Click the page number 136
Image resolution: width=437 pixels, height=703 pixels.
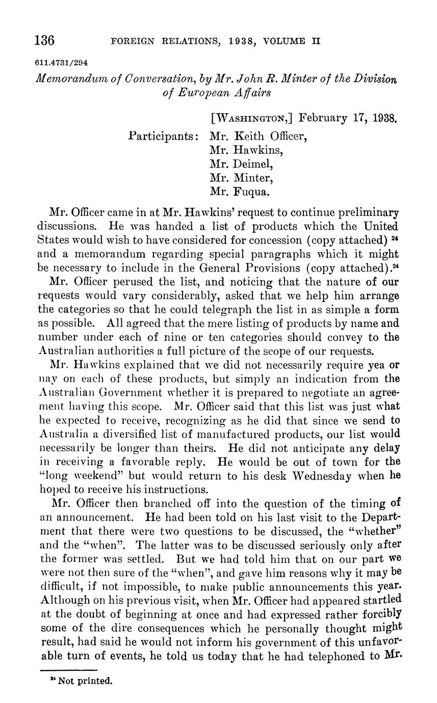44,40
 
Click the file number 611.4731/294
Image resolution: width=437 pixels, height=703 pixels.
62,63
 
